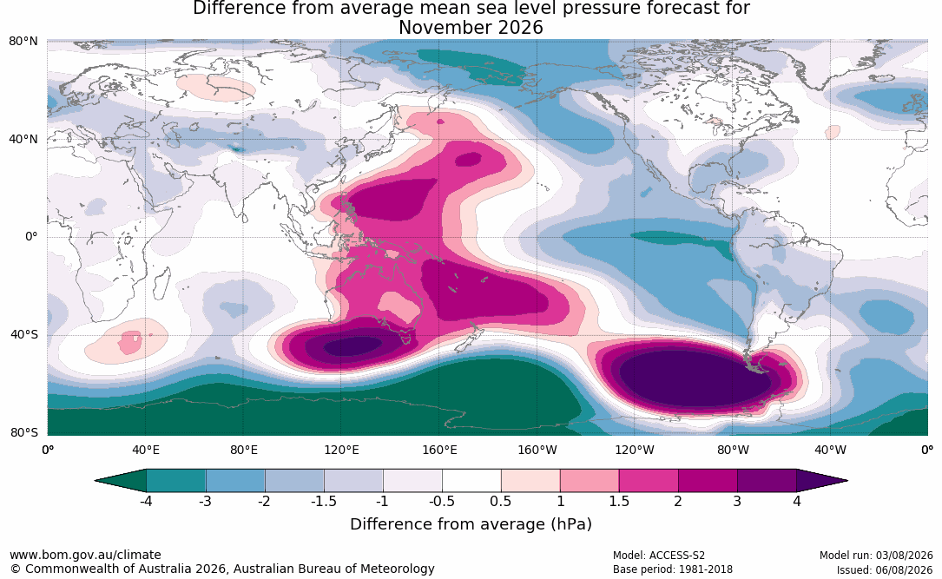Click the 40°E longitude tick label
[146, 450]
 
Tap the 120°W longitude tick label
[635, 450]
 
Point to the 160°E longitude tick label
[439, 450]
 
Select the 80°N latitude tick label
[23, 42]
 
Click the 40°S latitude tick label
[24, 334]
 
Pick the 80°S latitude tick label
[24, 432]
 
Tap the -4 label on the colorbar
[146, 501]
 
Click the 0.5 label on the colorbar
[501, 501]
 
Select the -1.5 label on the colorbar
[324, 501]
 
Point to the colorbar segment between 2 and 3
[708, 481]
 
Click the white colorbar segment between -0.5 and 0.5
[471, 481]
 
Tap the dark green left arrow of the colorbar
[121, 481]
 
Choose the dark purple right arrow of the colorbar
[822, 481]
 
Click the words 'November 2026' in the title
[471, 28]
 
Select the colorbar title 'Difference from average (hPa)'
[471, 524]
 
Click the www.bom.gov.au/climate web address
[85, 555]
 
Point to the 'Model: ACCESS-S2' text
[659, 555]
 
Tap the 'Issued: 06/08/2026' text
[885, 569]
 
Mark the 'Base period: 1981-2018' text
[673, 569]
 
